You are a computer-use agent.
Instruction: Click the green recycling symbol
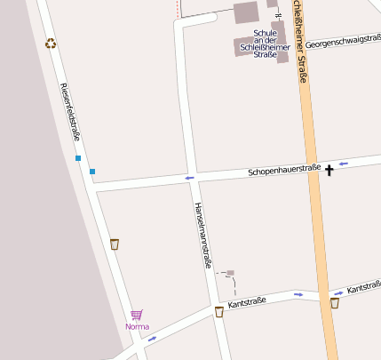point(51,42)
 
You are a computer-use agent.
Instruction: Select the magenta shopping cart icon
point(137,315)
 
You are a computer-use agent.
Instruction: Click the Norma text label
point(137,326)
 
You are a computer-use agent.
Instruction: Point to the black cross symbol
point(330,168)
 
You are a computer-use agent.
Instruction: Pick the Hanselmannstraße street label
point(202,236)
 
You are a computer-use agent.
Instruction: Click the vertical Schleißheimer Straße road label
point(301,40)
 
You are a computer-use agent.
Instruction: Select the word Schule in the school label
point(266,34)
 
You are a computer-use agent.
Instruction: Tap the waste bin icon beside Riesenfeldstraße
point(115,243)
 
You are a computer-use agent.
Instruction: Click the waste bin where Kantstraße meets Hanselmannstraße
point(218,311)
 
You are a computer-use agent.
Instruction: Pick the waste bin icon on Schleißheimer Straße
point(334,303)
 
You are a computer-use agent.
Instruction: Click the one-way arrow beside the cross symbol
point(344,164)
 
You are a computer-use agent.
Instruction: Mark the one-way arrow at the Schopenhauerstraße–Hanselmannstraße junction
point(189,178)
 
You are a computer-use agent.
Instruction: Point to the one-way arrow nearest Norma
point(153,338)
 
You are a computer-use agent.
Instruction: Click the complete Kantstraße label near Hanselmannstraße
point(248,304)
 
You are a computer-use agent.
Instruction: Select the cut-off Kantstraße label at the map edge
point(363,288)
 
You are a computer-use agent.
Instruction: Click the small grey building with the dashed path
point(230,273)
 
